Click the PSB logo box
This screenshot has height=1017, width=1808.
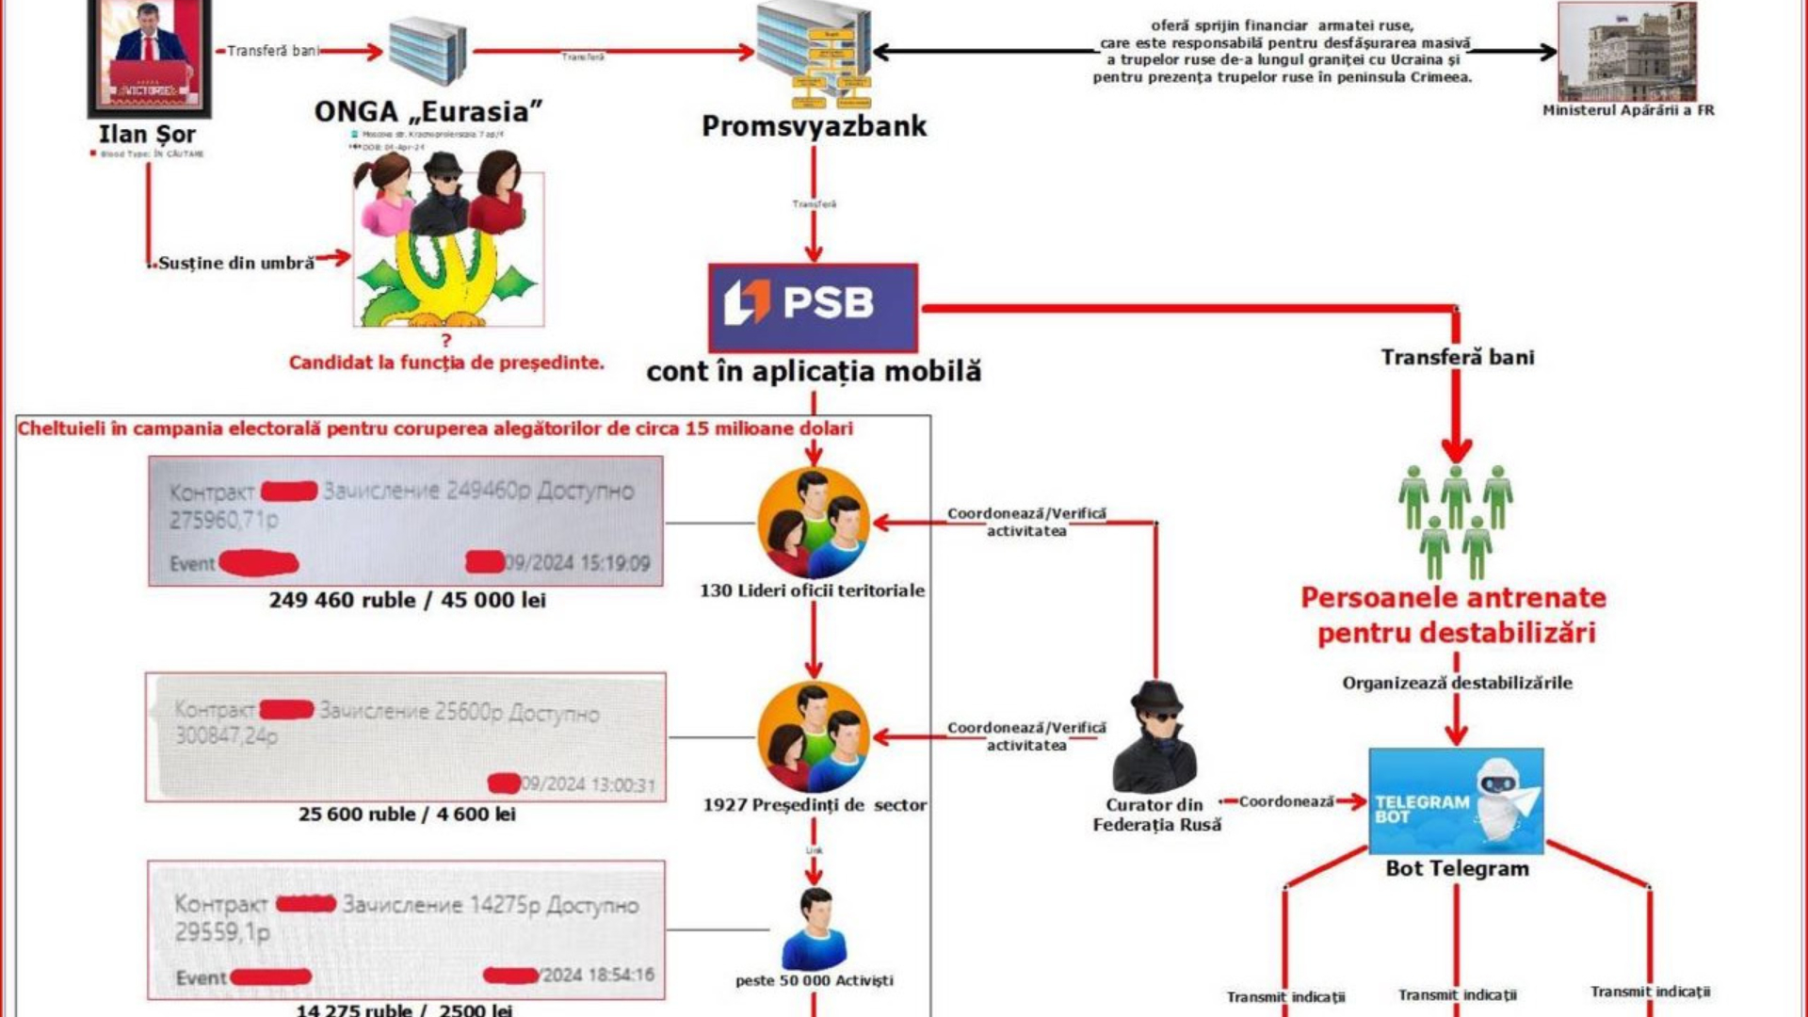click(x=813, y=308)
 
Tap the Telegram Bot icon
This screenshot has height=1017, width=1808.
click(x=1456, y=800)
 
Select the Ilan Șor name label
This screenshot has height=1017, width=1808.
click(x=147, y=135)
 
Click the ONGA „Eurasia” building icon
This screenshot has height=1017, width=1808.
click(x=428, y=51)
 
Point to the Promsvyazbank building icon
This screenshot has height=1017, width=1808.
click(x=815, y=55)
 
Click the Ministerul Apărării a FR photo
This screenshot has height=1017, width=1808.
click(x=1626, y=52)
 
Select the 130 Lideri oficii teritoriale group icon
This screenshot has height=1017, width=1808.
click(x=813, y=523)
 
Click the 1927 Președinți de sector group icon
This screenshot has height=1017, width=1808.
click(x=813, y=737)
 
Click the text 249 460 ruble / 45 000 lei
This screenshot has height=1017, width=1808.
click(x=407, y=600)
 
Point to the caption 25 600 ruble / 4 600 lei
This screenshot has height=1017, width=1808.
click(x=407, y=814)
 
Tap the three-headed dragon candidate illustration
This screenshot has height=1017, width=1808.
click(x=447, y=247)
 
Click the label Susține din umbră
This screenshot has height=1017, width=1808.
click(x=235, y=264)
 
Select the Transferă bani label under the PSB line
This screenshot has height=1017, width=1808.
click(x=1457, y=357)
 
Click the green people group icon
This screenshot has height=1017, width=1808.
click(x=1455, y=521)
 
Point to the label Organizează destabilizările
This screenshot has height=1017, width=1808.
click(x=1457, y=683)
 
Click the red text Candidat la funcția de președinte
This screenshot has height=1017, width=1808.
click(x=446, y=363)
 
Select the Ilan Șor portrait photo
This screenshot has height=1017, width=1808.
click(x=149, y=56)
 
